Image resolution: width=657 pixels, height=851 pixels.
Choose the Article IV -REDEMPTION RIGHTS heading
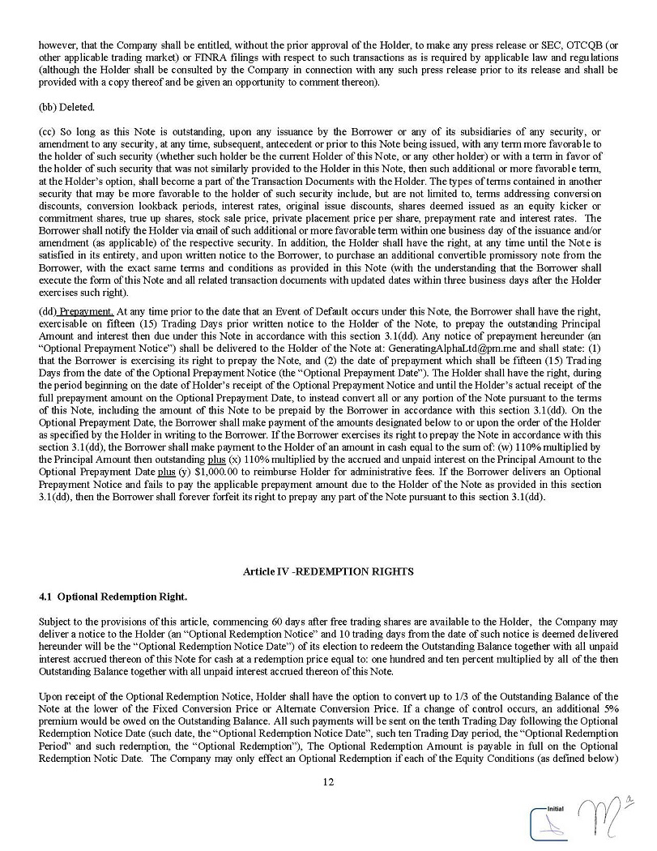pos(328,571)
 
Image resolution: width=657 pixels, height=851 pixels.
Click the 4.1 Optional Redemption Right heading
pos(113,597)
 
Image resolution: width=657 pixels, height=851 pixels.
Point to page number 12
pos(328,782)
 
